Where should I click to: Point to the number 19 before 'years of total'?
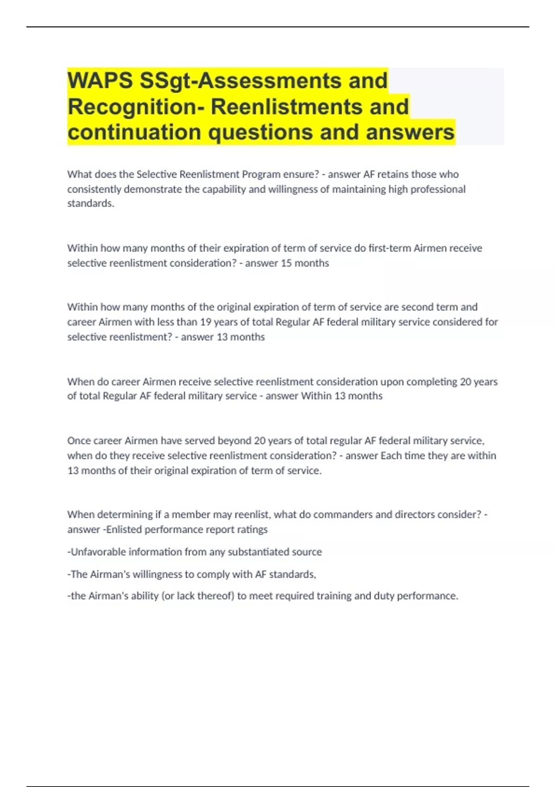click(x=205, y=322)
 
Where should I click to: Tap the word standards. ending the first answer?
click(x=90, y=204)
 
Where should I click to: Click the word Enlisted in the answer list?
click(x=124, y=530)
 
